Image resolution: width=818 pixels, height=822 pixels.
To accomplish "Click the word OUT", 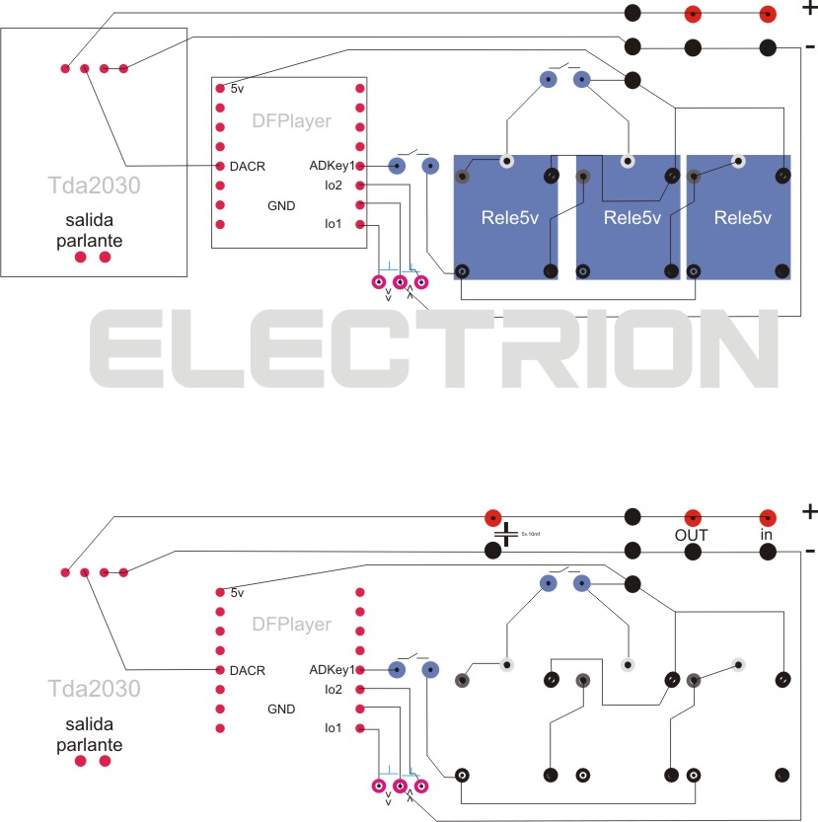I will point(692,534).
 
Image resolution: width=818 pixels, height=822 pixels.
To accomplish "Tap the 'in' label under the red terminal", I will point(766,534).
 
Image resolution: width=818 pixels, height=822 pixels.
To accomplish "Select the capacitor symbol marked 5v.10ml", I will point(506,536).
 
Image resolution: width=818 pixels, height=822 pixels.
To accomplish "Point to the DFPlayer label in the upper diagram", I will point(292,122).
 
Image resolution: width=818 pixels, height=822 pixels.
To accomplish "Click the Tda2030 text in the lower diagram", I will point(94,688).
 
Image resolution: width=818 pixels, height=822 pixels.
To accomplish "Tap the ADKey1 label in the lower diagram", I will point(332,670).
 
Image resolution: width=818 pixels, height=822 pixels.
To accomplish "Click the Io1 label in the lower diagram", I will point(333,728).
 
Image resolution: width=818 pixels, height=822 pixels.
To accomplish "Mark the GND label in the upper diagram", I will point(282,205).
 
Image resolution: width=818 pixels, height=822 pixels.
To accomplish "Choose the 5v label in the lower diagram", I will point(237,593).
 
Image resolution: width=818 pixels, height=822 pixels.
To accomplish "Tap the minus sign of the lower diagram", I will point(809,551).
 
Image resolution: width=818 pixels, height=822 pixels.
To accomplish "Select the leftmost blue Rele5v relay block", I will point(505,217).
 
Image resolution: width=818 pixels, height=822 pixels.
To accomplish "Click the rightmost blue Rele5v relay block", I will point(740,217).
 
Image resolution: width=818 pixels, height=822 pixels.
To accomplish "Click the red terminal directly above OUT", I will point(693,517).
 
